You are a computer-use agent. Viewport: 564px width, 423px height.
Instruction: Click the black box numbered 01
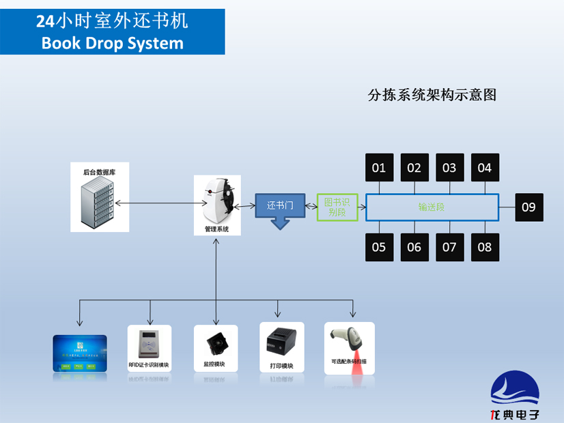coord(379,167)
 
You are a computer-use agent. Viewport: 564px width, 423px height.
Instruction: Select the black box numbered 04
coord(485,167)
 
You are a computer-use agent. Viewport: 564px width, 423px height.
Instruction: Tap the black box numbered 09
coord(529,207)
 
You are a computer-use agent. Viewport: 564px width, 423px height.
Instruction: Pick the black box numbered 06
coord(414,247)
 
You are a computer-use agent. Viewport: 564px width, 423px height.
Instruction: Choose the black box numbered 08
coord(485,247)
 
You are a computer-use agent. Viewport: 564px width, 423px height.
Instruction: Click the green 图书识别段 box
coord(337,207)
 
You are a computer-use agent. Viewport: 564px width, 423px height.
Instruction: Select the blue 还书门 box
coord(279,205)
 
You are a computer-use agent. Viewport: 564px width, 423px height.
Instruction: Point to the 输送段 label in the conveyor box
coord(432,207)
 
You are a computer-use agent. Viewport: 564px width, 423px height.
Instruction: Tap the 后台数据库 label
coord(99,173)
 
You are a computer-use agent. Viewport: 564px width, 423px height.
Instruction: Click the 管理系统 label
coord(217,229)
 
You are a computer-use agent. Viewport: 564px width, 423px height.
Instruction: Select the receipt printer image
coord(281,342)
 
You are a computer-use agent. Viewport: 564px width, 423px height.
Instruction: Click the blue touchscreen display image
coord(80,353)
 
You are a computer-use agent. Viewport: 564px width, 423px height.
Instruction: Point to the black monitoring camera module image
coord(215,341)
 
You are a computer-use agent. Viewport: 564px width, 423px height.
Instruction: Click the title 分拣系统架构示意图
coord(432,95)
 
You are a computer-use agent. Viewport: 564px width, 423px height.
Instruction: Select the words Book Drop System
coord(112,43)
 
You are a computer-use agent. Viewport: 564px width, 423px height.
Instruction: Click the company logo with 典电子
coord(515,396)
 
